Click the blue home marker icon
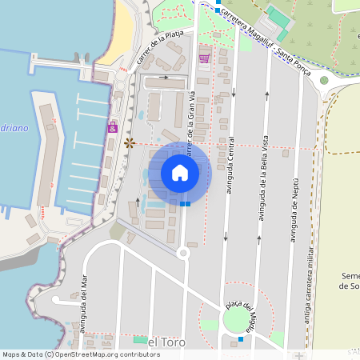point(180,173)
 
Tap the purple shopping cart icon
point(204,58)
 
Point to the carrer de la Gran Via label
point(191,128)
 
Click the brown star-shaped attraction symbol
point(130,143)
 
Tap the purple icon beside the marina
point(113,128)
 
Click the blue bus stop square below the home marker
point(186,203)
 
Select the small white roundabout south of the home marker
point(182,253)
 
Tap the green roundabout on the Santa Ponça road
point(324,80)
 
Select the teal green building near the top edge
point(278,16)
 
